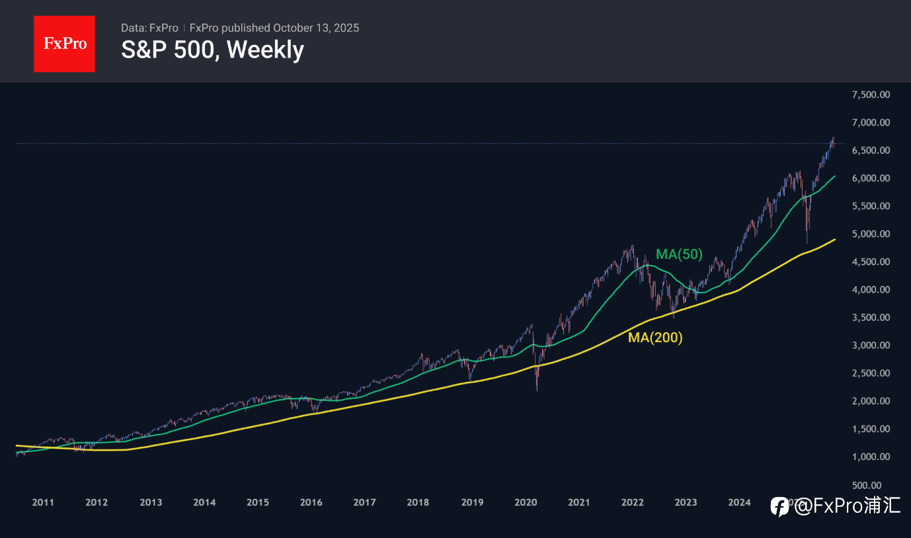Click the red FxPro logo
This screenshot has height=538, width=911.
[x=64, y=44]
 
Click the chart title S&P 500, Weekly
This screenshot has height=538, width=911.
[x=212, y=50]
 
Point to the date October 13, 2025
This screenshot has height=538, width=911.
[x=316, y=28]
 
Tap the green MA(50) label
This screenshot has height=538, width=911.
[x=679, y=254]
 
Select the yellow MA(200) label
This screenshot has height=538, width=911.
[x=655, y=337]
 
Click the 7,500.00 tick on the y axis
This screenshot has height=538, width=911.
[x=871, y=95]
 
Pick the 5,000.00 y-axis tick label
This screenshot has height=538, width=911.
[x=871, y=234]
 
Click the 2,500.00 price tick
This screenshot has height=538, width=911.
[x=871, y=373]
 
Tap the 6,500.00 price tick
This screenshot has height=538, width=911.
[x=871, y=150]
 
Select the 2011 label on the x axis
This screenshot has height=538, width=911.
[x=43, y=503]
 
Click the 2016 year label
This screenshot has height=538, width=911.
[x=311, y=503]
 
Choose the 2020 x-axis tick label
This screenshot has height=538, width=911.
[x=526, y=503]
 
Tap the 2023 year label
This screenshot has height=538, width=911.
[x=686, y=503]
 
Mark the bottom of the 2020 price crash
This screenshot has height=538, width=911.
[x=537, y=390]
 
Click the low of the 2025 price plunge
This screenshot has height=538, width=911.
[x=807, y=243]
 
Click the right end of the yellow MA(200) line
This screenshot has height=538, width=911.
[x=836, y=239]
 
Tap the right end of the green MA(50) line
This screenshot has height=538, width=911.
[x=836, y=176]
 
